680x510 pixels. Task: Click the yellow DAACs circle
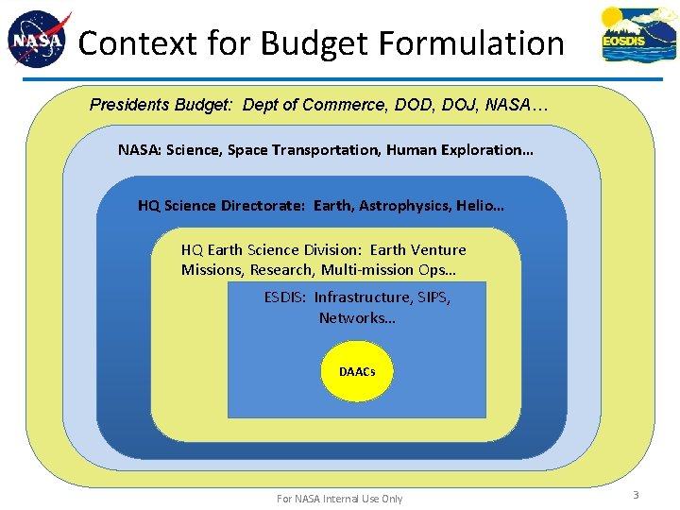click(x=357, y=372)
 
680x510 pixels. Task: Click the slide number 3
click(x=637, y=495)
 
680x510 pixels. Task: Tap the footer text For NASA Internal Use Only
click(x=339, y=499)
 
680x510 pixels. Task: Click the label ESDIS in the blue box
click(x=283, y=297)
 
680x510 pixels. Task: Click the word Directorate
click(x=258, y=205)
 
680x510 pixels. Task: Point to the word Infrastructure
click(x=363, y=297)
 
